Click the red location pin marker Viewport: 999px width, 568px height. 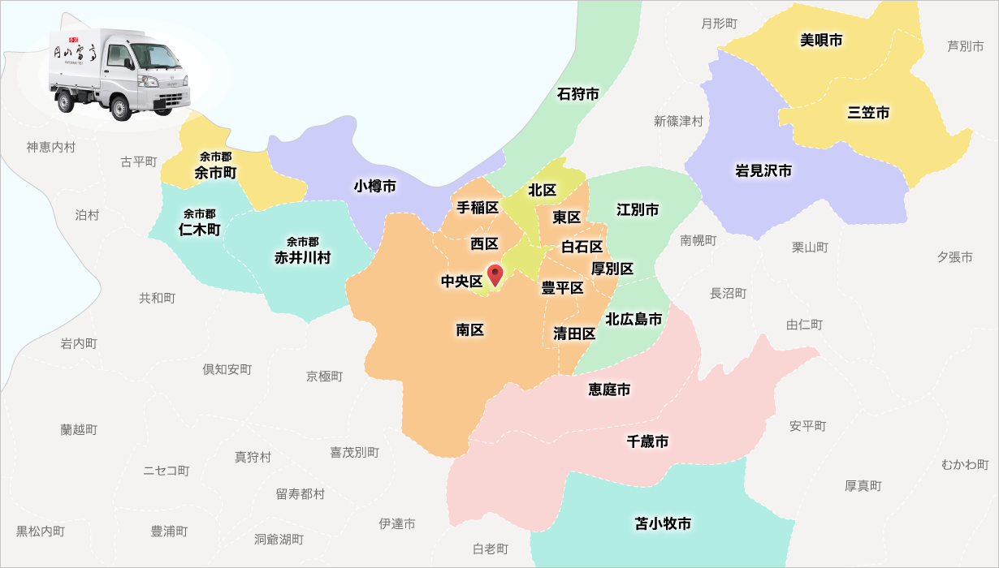(495, 274)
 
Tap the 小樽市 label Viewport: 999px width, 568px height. (375, 187)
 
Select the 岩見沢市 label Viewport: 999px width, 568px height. (763, 170)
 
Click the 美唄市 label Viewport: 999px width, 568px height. (821, 40)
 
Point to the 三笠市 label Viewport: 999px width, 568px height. (868, 113)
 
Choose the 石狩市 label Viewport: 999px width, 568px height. (578, 94)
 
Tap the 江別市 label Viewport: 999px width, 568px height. (638, 210)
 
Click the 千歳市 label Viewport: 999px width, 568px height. (648, 441)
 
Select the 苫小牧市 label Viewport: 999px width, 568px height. (663, 524)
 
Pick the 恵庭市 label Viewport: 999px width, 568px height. (609, 390)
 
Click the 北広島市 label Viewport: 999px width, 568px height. (634, 319)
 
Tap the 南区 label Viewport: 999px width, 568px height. (469, 330)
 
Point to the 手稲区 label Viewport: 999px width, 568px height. (478, 208)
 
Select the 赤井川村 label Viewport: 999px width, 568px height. (302, 257)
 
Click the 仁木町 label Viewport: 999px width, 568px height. (200, 230)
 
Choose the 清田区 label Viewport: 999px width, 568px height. (574, 333)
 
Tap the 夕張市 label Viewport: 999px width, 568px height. (954, 257)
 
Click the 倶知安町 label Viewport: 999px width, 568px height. (227, 369)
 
